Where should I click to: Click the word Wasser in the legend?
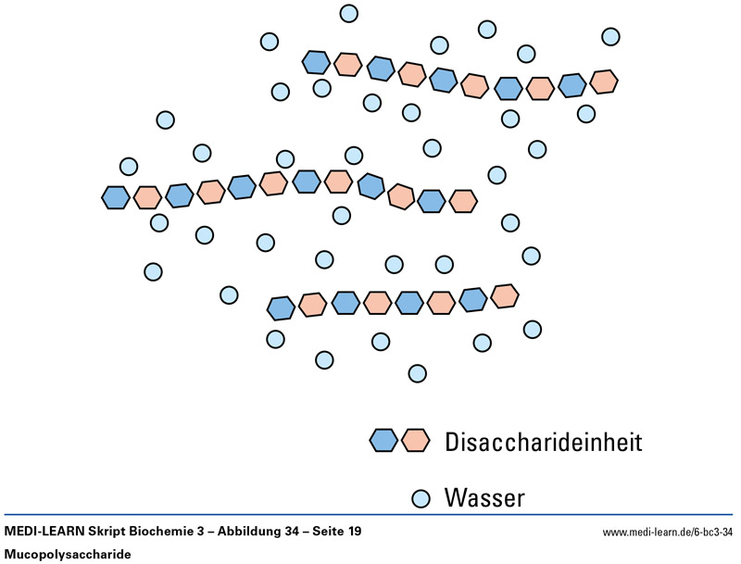coord(484,498)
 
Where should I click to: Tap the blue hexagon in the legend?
coord(383,441)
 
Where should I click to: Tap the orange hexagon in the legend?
coord(415,441)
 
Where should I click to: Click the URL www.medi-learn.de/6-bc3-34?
coord(668,533)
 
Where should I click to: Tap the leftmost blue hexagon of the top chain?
coord(317,62)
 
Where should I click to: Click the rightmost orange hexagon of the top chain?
coord(604,81)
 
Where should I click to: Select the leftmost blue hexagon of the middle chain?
coord(115,196)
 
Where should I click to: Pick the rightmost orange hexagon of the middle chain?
coord(462,200)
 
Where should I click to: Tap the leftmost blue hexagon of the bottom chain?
coord(281,307)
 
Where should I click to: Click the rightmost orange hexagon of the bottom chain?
coord(504,295)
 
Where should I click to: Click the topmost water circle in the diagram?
coord(349,13)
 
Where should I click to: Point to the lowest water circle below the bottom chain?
coord(417,373)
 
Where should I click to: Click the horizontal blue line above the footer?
coord(370,515)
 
